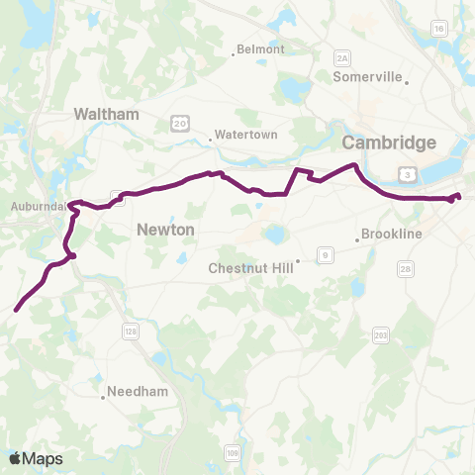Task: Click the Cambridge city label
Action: tap(390, 143)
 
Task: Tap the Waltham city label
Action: tap(106, 115)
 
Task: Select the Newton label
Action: tap(164, 230)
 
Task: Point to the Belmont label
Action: tap(260, 49)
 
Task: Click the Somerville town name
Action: tap(367, 76)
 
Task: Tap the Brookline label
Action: tap(392, 235)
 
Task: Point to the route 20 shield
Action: tap(178, 122)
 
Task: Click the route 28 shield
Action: tap(405, 269)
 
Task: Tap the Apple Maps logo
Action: tap(36, 458)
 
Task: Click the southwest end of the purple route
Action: tap(16, 310)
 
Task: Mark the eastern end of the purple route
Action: tap(459, 195)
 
